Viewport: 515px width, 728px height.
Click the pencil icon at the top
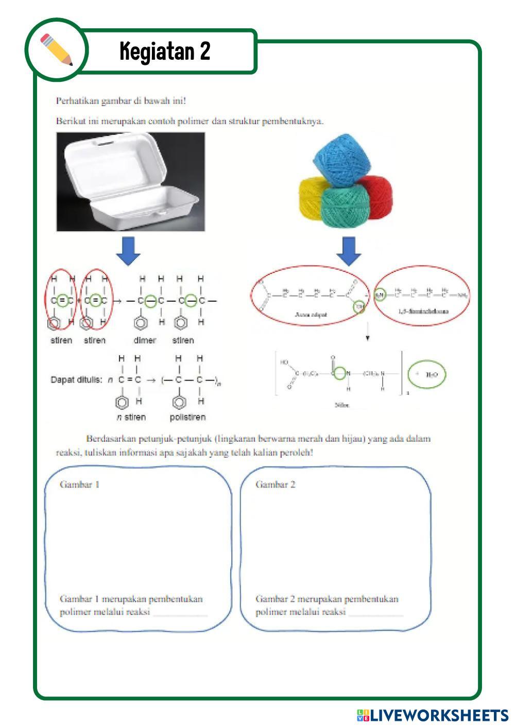coord(56,50)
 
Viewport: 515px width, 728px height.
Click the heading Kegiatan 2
coord(165,51)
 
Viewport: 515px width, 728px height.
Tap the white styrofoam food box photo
coord(130,181)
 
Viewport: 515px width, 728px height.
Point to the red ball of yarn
coord(379,196)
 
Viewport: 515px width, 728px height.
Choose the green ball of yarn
coord(346,206)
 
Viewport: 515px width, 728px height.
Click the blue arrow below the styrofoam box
coord(129,251)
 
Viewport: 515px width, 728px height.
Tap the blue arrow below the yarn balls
coord(349,251)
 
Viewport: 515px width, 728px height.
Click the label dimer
coord(145,340)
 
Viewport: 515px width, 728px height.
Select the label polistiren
coord(187,417)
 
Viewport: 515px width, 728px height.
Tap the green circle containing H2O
coord(427,375)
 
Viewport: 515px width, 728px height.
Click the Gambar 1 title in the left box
coord(79,484)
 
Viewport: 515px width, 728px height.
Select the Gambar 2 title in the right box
coord(276,484)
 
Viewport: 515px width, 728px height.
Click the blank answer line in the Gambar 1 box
coord(180,613)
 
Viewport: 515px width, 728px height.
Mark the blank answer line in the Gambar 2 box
coord(376,613)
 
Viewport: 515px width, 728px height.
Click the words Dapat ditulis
coord(76,380)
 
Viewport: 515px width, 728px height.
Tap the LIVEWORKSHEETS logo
coord(433,715)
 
